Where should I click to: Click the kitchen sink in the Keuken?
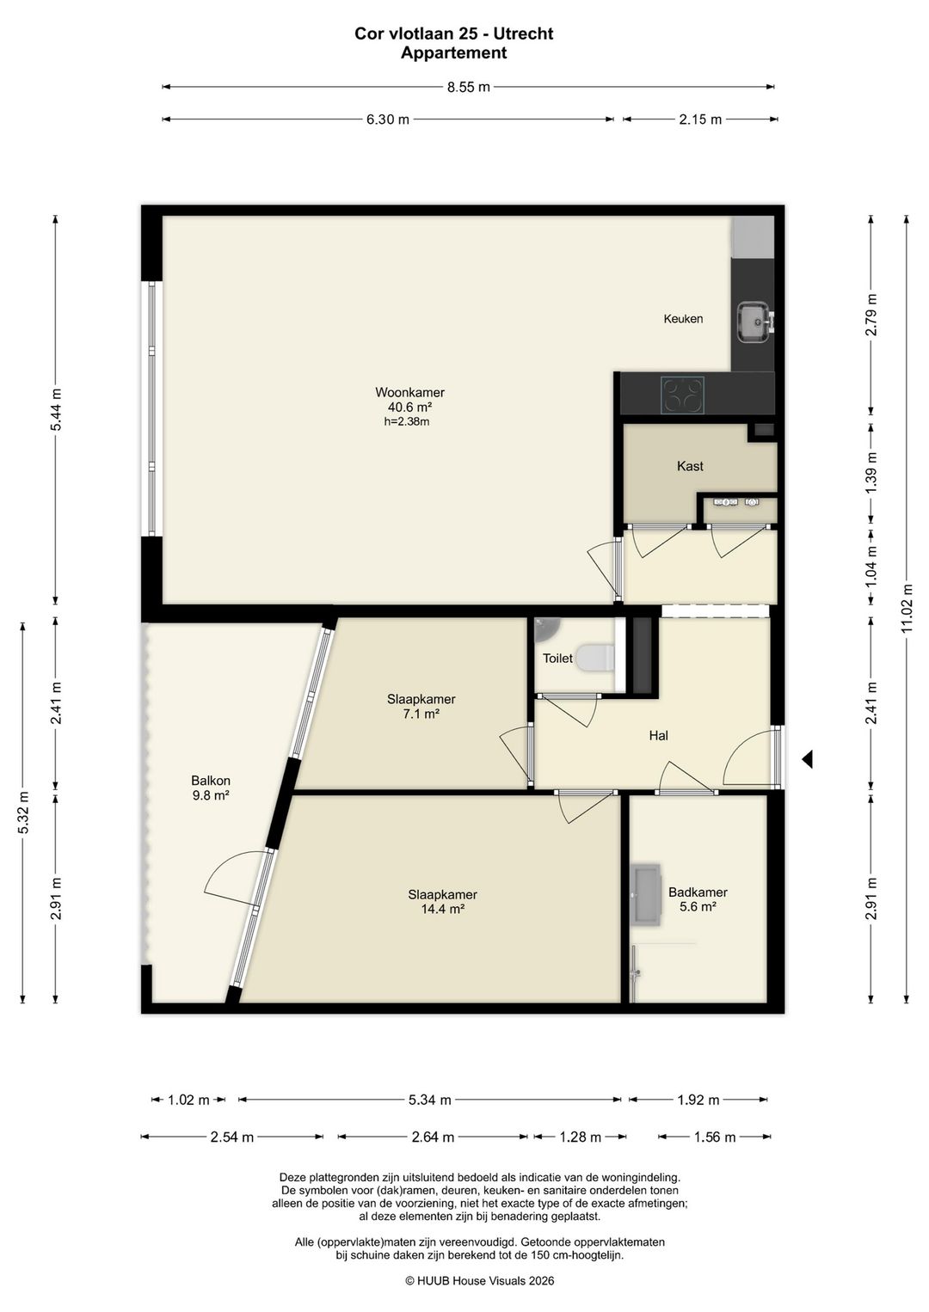coord(754,322)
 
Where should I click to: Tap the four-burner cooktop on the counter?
coord(682,395)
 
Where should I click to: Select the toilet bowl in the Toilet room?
coord(596,658)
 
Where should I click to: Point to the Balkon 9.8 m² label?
coord(211,788)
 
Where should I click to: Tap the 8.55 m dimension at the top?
coord(468,88)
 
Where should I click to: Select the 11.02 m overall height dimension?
coord(907,609)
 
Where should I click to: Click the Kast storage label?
coord(690,466)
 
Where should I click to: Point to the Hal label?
coord(658,736)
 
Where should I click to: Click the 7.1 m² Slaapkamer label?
coord(421,707)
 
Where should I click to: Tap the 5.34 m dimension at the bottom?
coord(429,1100)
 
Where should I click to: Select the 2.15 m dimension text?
coord(700,120)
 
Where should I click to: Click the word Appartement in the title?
coord(453,52)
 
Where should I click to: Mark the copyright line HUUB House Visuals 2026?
coord(480,1281)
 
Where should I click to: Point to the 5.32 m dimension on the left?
coord(23,812)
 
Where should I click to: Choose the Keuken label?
coord(683,319)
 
